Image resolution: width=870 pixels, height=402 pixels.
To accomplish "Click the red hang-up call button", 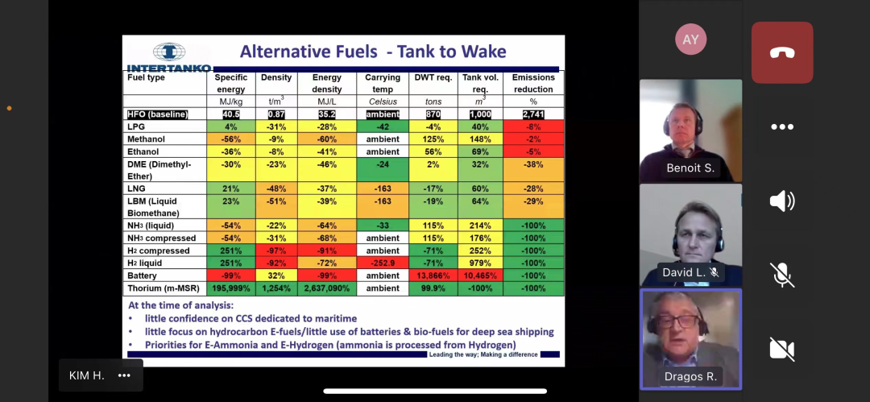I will (x=781, y=52).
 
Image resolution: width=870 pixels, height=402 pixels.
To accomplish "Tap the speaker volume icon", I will (x=781, y=201).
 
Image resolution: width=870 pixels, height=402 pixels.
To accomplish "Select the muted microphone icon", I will (x=781, y=275).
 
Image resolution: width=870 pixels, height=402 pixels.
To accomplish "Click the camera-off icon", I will (x=781, y=348).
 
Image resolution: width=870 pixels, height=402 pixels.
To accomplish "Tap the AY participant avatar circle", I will (x=690, y=39).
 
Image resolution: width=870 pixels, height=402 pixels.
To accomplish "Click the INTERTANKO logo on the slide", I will (x=169, y=57).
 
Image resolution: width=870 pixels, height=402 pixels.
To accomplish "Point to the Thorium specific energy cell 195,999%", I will (x=231, y=288).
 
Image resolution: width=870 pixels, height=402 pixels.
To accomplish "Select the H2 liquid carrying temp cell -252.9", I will (x=383, y=263).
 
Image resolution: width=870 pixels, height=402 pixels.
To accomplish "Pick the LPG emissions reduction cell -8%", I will (x=533, y=126).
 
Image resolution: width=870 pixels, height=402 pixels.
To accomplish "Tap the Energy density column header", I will (x=326, y=83).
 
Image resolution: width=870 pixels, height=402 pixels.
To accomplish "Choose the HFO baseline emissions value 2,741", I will (x=533, y=114).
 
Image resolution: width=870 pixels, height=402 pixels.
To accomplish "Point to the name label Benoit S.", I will (x=690, y=168).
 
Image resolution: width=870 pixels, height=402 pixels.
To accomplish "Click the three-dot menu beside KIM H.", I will (x=124, y=375).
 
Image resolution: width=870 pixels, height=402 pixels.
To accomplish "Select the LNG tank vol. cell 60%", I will (x=480, y=189).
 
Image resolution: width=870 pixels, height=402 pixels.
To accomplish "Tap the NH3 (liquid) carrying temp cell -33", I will (x=383, y=226).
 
